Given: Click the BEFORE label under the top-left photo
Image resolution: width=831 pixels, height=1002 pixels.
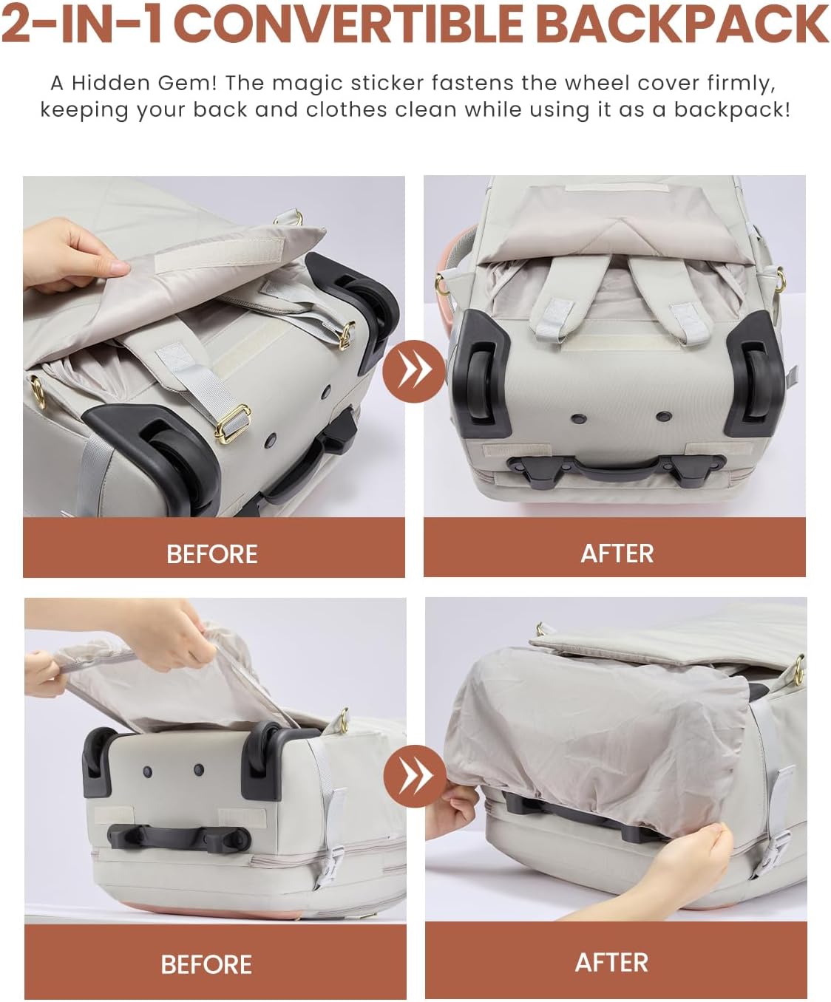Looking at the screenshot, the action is coord(211,554).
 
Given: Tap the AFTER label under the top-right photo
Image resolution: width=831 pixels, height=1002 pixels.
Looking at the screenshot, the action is coord(617,553).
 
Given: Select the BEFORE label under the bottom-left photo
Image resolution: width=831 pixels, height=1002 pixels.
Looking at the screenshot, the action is coord(206,964).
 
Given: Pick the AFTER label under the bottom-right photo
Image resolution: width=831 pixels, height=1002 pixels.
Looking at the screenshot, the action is coord(611,963).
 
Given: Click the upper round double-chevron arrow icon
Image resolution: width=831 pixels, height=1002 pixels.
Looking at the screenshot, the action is coord(414,371).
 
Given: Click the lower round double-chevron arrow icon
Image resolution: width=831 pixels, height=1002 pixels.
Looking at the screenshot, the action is coord(415,776).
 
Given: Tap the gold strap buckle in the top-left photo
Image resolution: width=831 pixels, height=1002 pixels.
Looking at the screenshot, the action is coord(233,423).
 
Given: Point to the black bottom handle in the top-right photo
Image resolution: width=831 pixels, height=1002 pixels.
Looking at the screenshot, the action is coord(617,467).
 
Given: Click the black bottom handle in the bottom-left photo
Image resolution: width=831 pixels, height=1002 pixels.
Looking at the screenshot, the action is coord(179,837).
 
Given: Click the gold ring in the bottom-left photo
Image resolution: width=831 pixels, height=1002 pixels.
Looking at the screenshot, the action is coord(343,720).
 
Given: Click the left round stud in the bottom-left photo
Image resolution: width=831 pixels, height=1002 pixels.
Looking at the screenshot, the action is coord(147,771).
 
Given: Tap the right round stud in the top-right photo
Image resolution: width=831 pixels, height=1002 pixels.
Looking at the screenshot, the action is coord(663,415).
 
